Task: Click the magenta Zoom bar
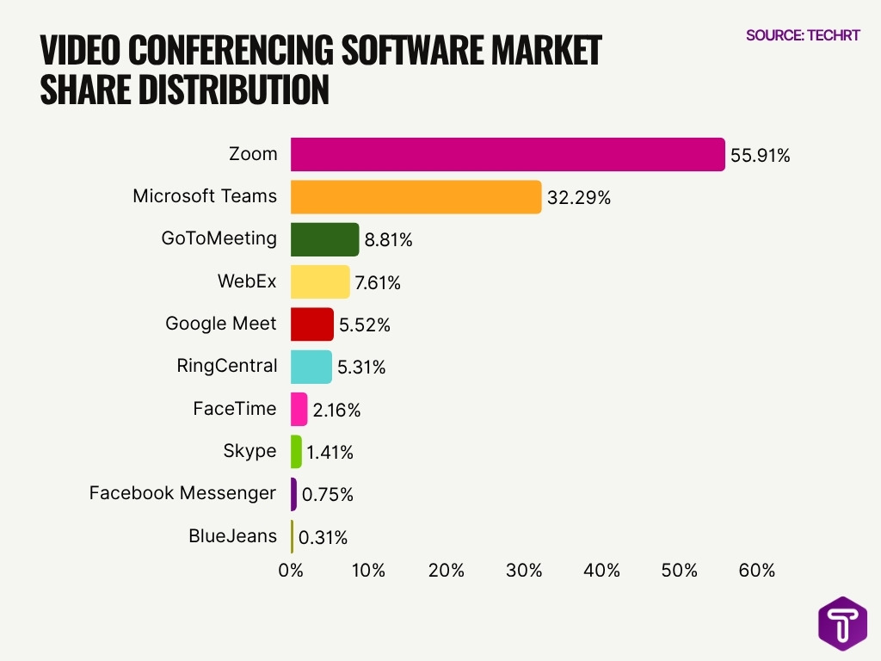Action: point(508,155)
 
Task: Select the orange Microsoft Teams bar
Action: point(416,197)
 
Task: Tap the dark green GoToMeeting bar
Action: point(324,239)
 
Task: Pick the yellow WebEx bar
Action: point(320,281)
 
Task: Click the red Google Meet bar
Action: point(311,324)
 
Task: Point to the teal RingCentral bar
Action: point(311,367)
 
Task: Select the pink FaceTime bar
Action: point(299,409)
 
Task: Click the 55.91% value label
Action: point(760,156)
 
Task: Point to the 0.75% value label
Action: point(327,495)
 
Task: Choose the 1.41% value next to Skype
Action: point(330,453)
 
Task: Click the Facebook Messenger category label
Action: point(182,493)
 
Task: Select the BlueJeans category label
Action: point(232,536)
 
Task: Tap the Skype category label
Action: point(250,451)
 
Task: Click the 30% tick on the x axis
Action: point(524,570)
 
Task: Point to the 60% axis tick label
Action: point(756,570)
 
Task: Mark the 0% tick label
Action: point(291,570)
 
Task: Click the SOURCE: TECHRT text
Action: point(802,35)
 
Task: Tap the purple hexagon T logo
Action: point(842,622)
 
